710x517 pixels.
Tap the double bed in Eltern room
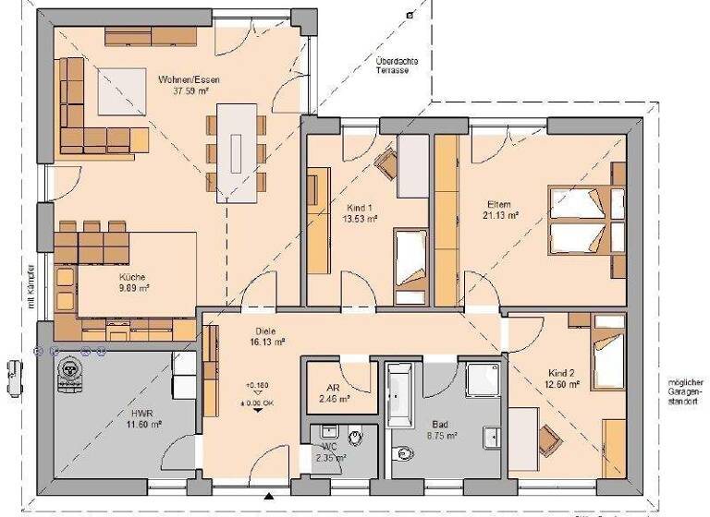(582, 219)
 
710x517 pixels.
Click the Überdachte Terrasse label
(397, 66)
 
